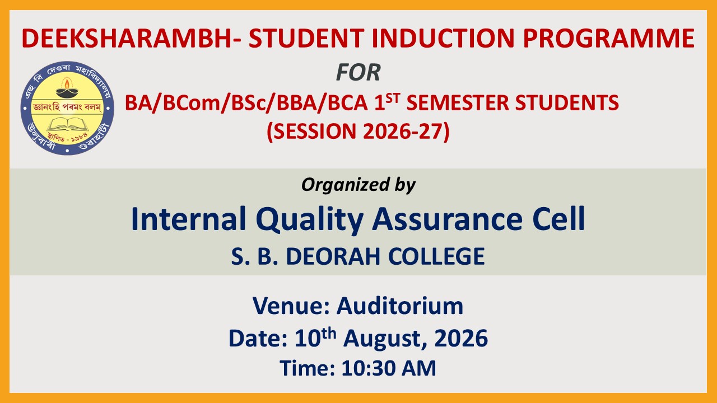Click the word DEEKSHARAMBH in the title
pyautogui.click(x=126, y=39)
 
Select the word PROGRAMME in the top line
pyautogui.click(x=608, y=39)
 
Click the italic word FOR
pyautogui.click(x=358, y=72)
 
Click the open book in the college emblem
pyautogui.click(x=68, y=124)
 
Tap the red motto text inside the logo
pyautogui.click(x=67, y=107)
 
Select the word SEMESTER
pyautogui.click(x=458, y=103)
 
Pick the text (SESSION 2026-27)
pyautogui.click(x=358, y=132)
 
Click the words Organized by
pyautogui.click(x=358, y=185)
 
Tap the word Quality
pyautogui.click(x=310, y=219)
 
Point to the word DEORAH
pyautogui.click(x=333, y=256)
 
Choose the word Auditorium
pyautogui.click(x=400, y=306)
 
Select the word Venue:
pyautogui.click(x=291, y=306)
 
